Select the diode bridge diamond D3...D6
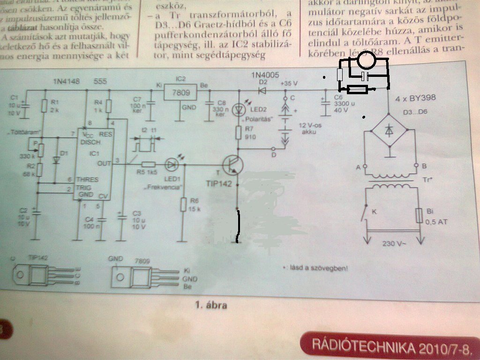click(389, 133)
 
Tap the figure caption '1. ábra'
click(211, 306)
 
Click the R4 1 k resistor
click(109, 106)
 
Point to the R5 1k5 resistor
click(149, 164)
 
